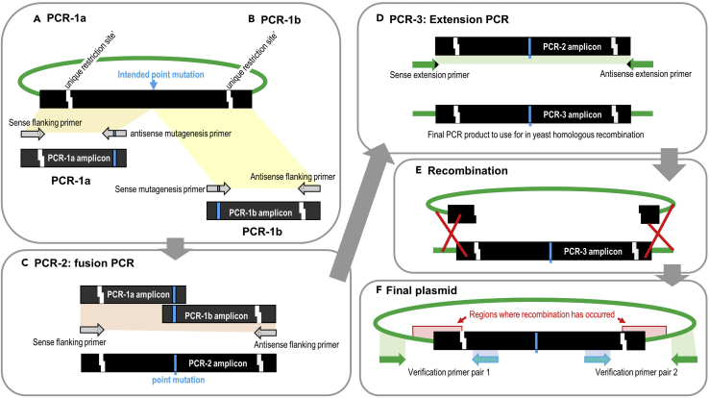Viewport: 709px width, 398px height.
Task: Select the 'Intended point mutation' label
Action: click(x=152, y=73)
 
